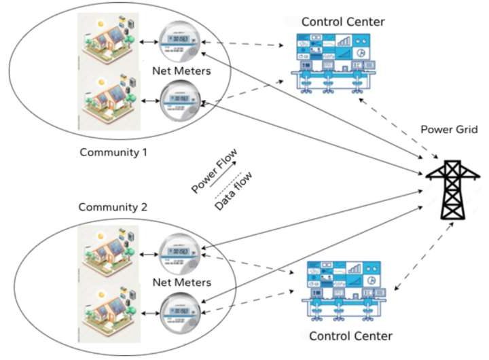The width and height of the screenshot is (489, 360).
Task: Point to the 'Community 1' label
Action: pyautogui.click(x=113, y=151)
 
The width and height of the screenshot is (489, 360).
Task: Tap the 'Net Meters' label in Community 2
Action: pyautogui.click(x=180, y=282)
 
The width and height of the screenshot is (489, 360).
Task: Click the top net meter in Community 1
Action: pyautogui.click(x=179, y=43)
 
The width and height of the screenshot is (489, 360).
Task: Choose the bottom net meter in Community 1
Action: pyautogui.click(x=179, y=103)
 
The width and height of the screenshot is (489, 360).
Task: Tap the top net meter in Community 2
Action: pyautogui.click(x=180, y=255)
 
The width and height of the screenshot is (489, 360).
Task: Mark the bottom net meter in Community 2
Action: pyautogui.click(x=179, y=310)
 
